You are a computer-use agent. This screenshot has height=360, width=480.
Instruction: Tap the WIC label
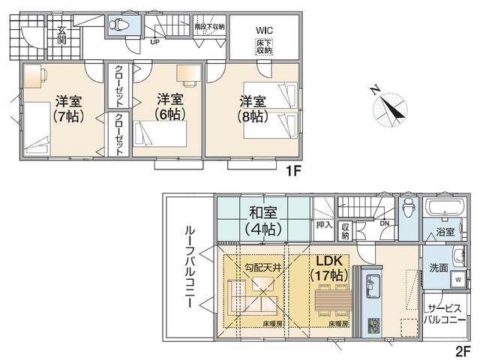click(x=264, y=30)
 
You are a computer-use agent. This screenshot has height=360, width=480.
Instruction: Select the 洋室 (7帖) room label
click(x=67, y=108)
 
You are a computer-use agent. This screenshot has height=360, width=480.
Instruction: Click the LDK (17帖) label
click(x=328, y=268)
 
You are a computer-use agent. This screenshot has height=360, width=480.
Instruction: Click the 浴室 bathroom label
click(x=445, y=232)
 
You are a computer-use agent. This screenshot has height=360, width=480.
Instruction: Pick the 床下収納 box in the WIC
click(x=264, y=46)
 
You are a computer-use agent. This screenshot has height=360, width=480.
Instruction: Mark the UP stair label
click(x=155, y=42)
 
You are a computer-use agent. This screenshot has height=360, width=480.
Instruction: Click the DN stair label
click(x=384, y=223)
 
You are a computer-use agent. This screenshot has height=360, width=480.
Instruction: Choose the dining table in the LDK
click(x=331, y=304)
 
